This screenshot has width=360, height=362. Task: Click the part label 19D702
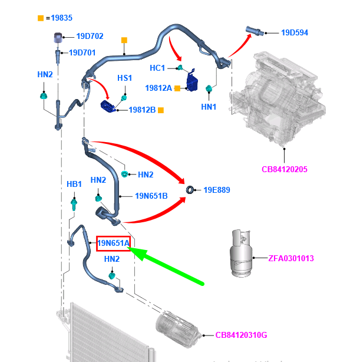(87, 37)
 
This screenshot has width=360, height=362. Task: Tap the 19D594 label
(295, 32)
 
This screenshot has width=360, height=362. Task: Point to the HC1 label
(157, 68)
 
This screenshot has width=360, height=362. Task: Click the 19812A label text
(158, 88)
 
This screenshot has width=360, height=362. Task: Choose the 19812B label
(142, 110)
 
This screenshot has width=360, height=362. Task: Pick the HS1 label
(125, 78)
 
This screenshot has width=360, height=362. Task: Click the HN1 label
(209, 107)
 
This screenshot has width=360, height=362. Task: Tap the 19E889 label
(217, 190)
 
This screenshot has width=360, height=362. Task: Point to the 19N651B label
(151, 196)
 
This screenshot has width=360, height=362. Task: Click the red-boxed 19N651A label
(113, 243)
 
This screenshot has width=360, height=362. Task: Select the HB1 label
(74, 185)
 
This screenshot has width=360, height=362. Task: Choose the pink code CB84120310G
(241, 335)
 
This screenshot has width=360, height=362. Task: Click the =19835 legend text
(58, 18)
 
